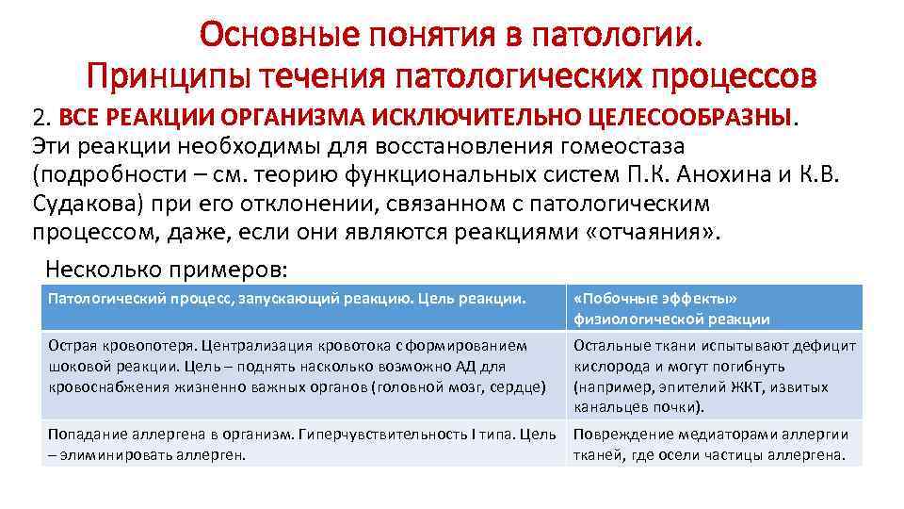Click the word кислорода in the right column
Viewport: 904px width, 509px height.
coord(608,366)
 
